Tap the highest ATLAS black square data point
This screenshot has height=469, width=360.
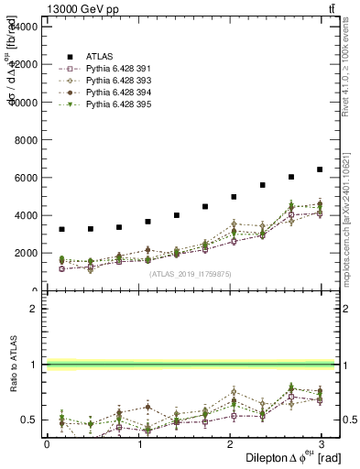[320, 169]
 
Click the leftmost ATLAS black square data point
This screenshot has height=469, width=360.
[61, 229]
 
